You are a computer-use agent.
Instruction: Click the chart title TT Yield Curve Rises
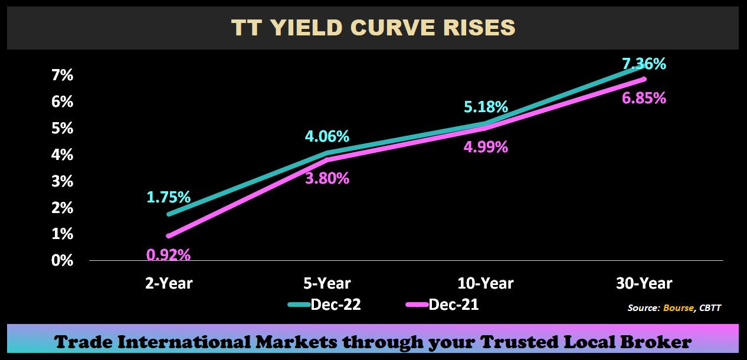tap(373, 28)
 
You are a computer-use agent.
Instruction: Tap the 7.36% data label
tap(644, 64)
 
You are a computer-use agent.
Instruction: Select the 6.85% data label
tap(644, 99)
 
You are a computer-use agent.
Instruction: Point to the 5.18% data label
tap(486, 107)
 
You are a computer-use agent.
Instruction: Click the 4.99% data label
tap(486, 147)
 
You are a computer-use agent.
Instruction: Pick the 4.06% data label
tap(327, 137)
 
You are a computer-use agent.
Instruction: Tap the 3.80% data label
tap(327, 178)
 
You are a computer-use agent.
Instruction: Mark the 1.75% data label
tap(169, 197)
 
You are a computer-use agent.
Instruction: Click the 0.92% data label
tap(169, 255)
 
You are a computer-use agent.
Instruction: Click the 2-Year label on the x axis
tap(169, 284)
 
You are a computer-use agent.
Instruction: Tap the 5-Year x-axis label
tap(327, 284)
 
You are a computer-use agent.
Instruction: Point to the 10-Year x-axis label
tap(486, 284)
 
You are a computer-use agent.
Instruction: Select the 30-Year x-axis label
tap(644, 284)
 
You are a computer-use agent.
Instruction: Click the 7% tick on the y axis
tap(62, 76)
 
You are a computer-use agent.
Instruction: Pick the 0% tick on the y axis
tap(62, 261)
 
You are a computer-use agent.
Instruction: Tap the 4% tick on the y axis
tap(62, 155)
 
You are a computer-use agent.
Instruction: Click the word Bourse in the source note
tap(679, 308)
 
